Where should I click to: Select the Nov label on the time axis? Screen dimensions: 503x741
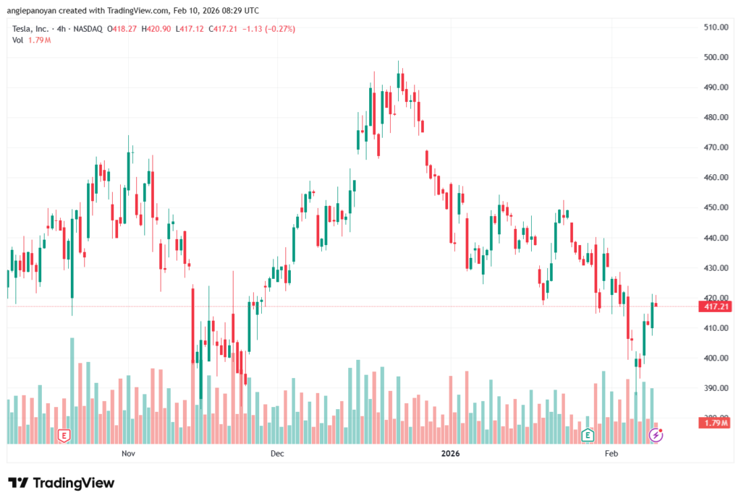click(128, 454)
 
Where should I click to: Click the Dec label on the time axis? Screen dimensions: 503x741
click(276, 454)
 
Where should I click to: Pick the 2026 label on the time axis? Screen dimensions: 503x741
click(450, 454)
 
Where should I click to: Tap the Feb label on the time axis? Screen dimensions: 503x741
click(611, 454)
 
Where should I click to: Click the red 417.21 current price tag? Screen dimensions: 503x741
click(714, 306)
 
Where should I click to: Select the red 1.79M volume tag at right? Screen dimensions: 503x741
click(714, 423)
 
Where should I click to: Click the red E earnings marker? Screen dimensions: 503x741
click(64, 435)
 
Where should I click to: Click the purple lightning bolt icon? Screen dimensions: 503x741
click(656, 435)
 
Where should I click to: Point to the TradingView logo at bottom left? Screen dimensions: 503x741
click(62, 483)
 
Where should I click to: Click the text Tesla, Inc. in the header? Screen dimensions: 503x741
click(32, 29)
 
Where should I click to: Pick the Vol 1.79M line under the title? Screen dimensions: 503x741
click(31, 40)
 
